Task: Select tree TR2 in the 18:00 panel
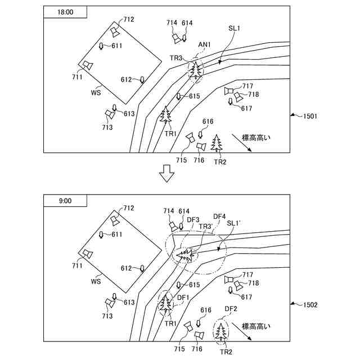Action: tap(217, 143)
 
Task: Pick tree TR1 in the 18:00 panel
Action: tap(166, 115)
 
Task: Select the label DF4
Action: tap(219, 216)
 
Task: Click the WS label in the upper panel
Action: tap(96, 92)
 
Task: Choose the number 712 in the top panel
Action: tap(129, 20)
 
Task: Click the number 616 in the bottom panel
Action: tap(206, 310)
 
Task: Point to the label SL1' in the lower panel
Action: tap(234, 224)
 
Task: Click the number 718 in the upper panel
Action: tap(253, 94)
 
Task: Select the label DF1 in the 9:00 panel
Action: tap(184, 297)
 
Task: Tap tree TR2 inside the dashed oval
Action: tap(222, 331)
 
